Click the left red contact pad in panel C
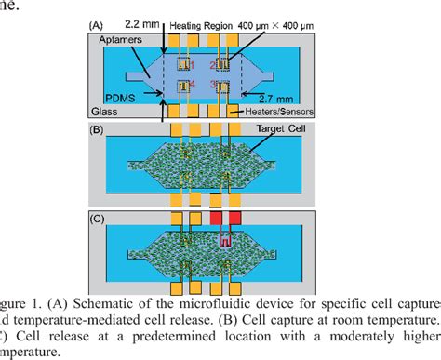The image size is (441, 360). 218,218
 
